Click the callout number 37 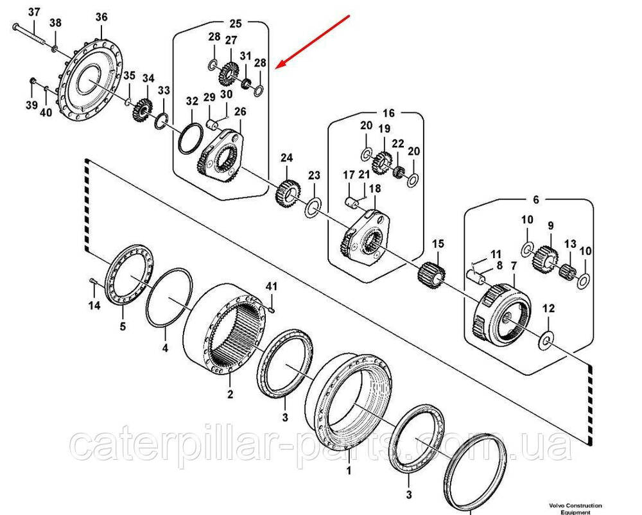click(x=34, y=12)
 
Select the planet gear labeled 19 click(x=383, y=159)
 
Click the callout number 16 click(x=389, y=113)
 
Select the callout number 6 click(x=536, y=200)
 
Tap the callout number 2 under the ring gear click(x=230, y=393)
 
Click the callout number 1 click(x=349, y=471)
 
